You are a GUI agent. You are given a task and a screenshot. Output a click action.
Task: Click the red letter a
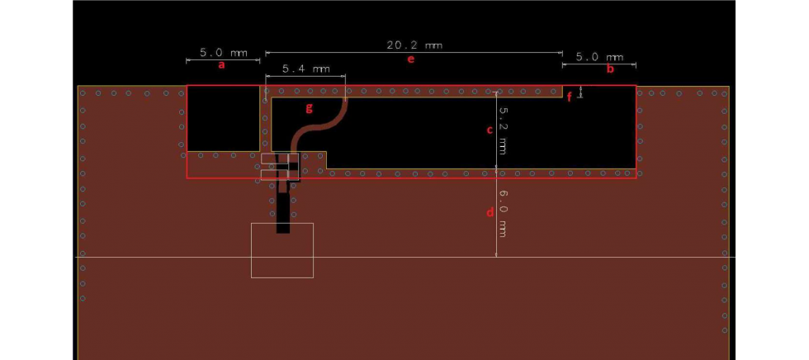(220, 65)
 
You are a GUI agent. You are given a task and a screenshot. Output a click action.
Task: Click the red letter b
(610, 69)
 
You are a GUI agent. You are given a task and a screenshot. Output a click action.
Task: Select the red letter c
(489, 130)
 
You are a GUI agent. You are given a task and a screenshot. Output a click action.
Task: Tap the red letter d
(490, 212)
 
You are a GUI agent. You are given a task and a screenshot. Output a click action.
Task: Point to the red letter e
(410, 59)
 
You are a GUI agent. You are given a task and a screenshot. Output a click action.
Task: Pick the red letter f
(570, 97)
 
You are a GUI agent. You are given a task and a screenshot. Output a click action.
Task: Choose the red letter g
(310, 107)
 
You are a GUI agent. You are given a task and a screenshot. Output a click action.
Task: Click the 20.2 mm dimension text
(414, 45)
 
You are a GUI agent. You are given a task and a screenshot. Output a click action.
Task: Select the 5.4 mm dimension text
(305, 69)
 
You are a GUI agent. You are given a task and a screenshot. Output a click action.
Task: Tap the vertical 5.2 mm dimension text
(502, 131)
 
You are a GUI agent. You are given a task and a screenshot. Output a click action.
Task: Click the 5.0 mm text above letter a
(223, 53)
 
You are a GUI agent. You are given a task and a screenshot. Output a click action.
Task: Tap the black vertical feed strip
(283, 211)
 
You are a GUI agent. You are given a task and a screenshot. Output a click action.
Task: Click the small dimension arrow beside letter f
(582, 92)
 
